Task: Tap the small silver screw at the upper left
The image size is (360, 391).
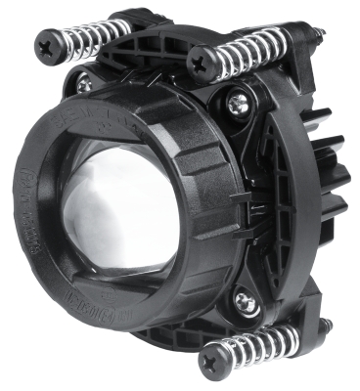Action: (x=84, y=85)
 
